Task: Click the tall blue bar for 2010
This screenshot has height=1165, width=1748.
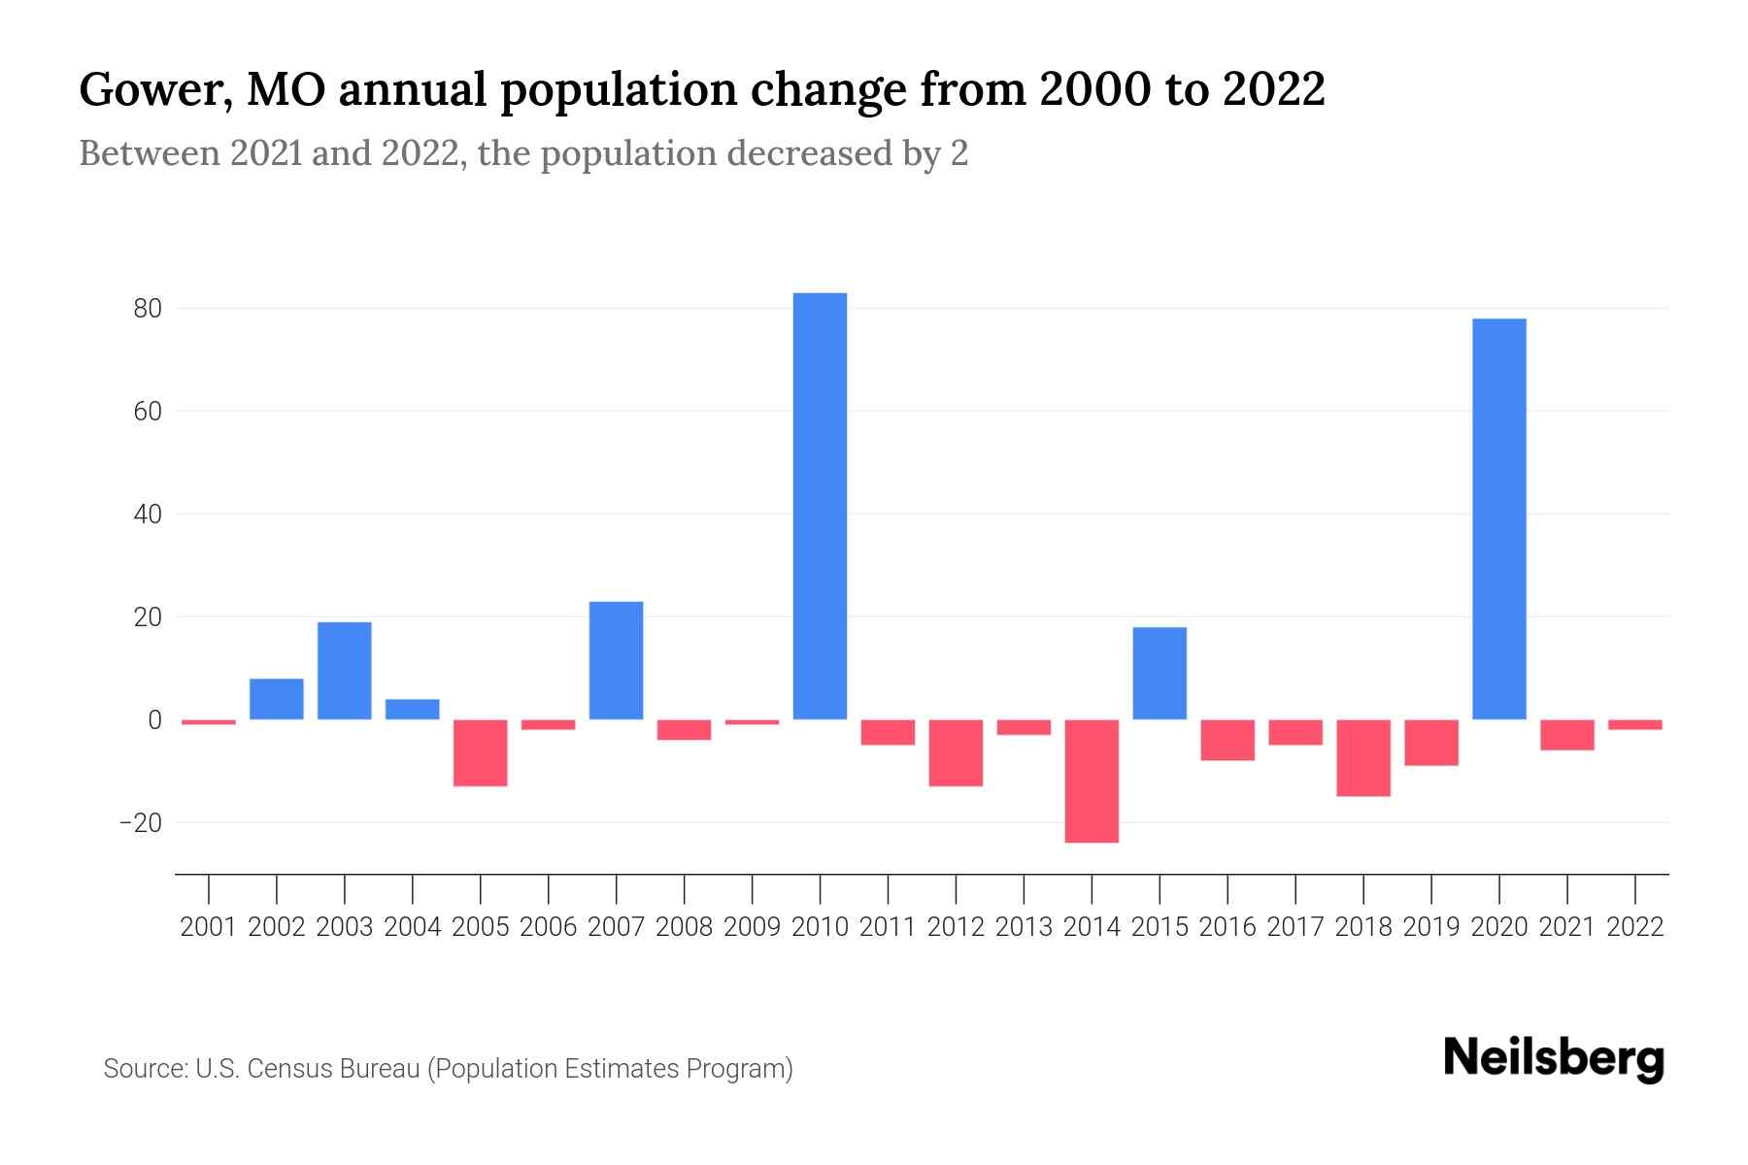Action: pos(820,505)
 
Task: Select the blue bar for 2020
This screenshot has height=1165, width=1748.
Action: pos(1498,518)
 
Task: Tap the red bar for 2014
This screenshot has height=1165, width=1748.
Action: pos(1092,781)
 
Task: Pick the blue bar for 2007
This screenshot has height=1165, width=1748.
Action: pos(616,660)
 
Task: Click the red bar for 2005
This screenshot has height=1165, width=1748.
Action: pos(480,752)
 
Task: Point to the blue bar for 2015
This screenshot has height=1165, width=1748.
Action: pos(1160,673)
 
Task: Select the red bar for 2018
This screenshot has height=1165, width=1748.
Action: pos(1363,757)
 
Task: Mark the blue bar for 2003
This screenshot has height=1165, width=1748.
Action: pos(345,670)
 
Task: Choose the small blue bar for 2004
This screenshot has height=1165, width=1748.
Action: pos(412,709)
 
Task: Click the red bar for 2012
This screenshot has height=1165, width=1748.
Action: pos(956,752)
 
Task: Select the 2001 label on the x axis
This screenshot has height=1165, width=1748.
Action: pos(209,927)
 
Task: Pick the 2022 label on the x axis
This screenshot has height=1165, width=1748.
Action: pos(1635,927)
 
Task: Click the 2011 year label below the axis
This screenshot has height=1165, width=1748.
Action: pos(888,927)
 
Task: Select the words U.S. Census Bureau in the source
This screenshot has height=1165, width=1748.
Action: pos(307,1069)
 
